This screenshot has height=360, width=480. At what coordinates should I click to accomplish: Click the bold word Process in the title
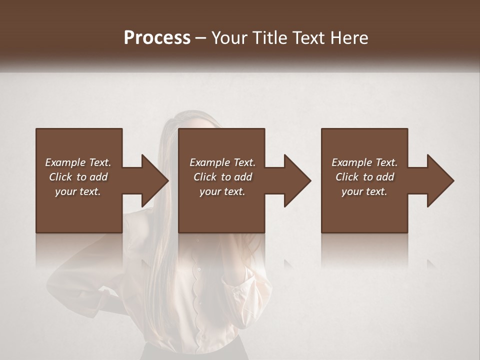click(157, 38)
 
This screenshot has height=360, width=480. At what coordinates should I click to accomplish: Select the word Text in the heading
click(309, 38)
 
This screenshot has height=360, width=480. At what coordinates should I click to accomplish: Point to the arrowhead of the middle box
click(297, 180)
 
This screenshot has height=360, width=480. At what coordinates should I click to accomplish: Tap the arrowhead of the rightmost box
click(440, 180)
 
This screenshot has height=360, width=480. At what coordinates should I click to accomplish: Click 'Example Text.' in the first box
click(78, 162)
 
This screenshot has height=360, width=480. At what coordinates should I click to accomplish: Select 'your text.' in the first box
click(78, 191)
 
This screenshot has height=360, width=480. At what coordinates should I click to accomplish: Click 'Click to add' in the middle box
click(222, 177)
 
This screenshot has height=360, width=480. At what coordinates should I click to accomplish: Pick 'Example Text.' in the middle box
click(222, 162)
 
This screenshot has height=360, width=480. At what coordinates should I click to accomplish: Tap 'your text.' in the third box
click(364, 191)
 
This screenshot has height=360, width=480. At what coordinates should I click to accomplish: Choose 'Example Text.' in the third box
click(364, 162)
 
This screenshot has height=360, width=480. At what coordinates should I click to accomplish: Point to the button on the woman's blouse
click(198, 269)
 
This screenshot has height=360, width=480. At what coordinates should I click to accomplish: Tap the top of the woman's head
click(192, 117)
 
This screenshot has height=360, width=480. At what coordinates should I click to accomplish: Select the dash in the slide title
click(201, 38)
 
